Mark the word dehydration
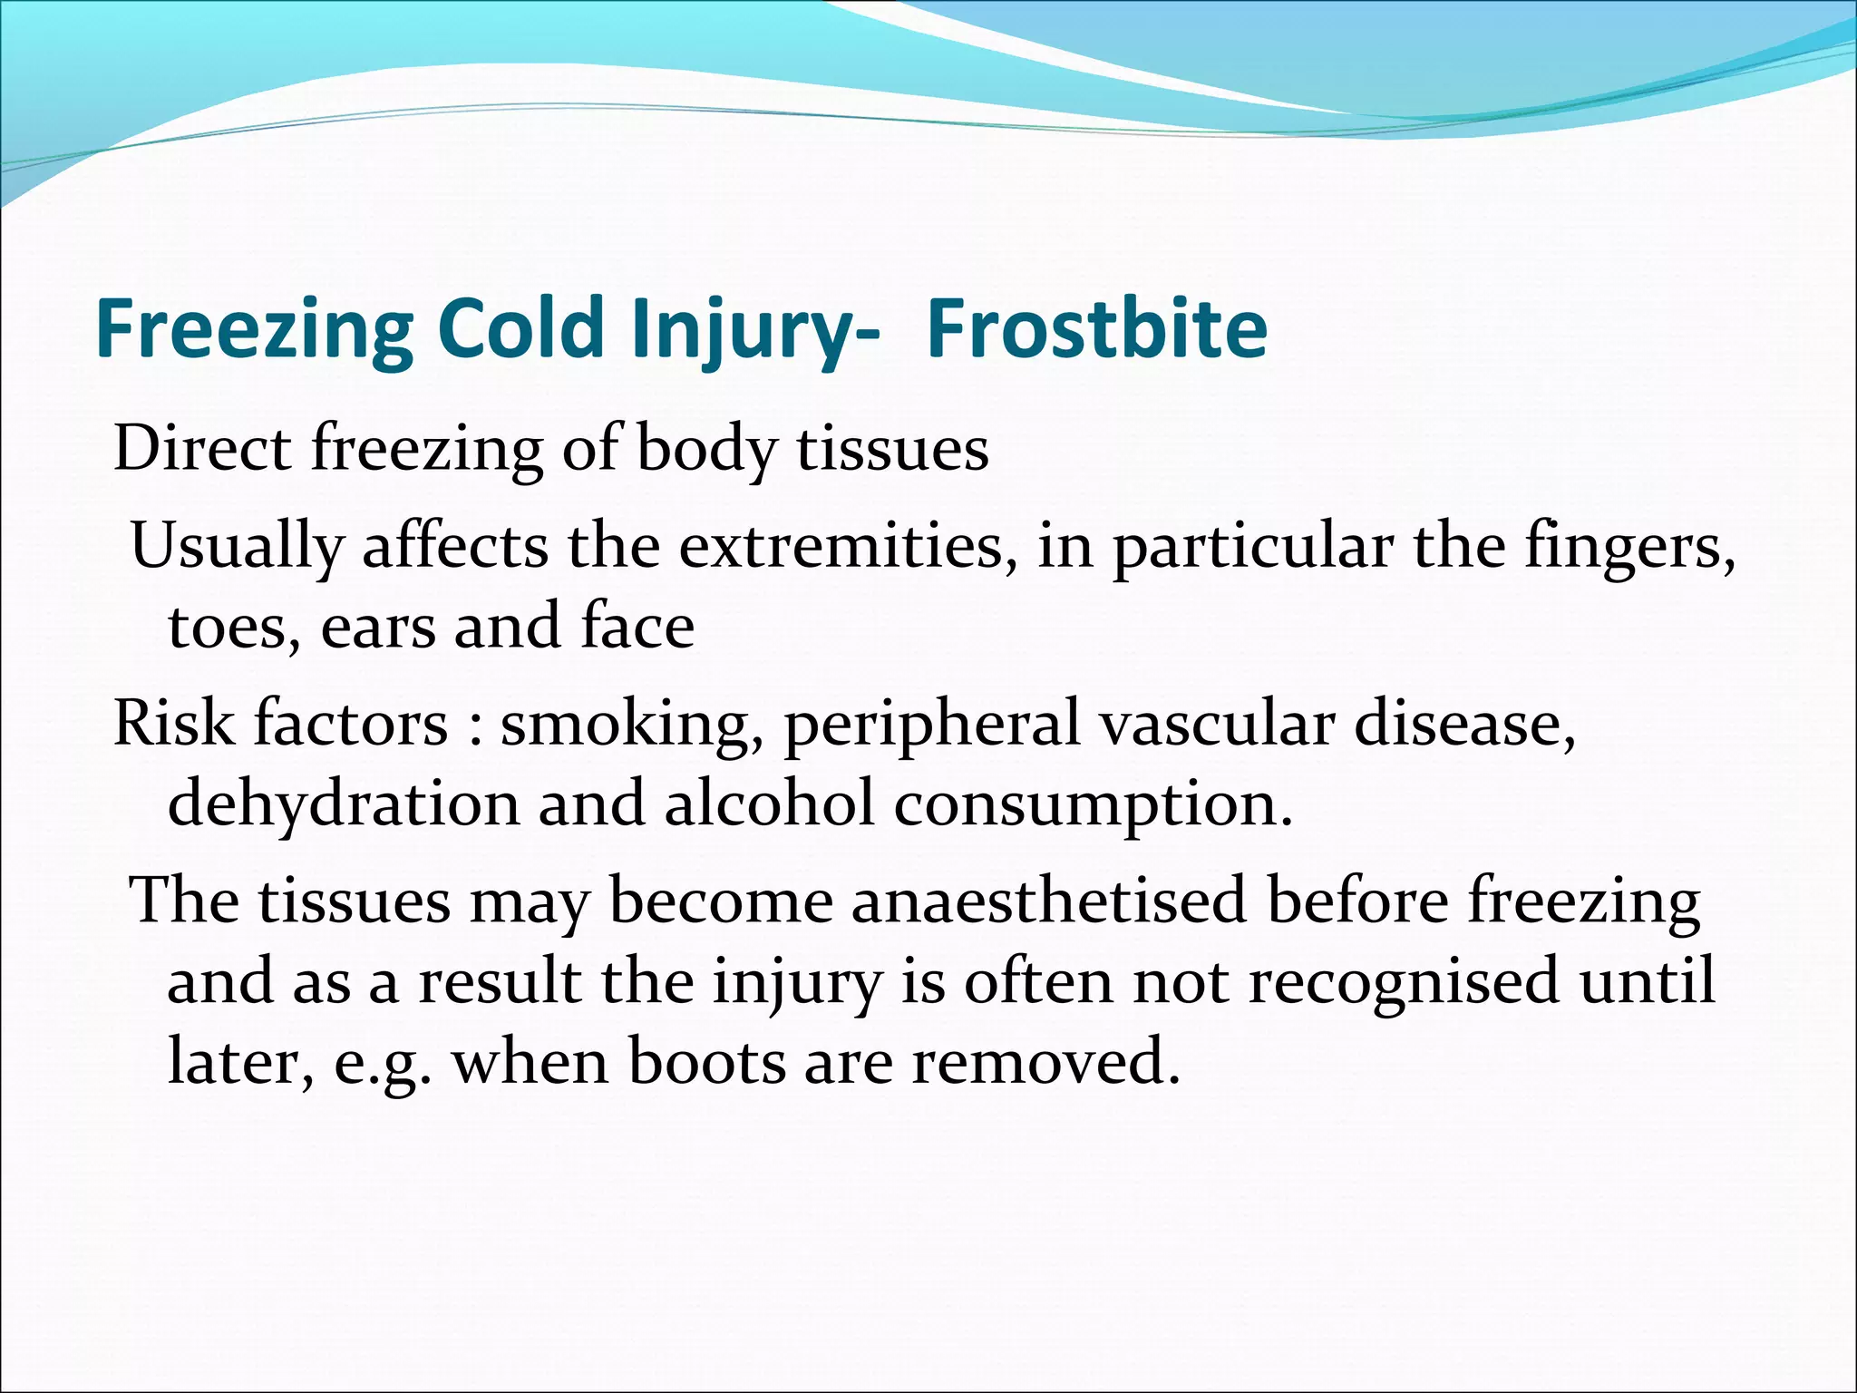pyautogui.click(x=344, y=804)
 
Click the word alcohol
pyautogui.click(x=770, y=804)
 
